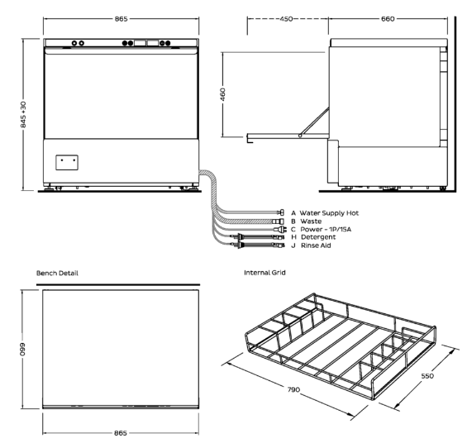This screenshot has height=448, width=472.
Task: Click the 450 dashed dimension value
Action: pyautogui.click(x=286, y=19)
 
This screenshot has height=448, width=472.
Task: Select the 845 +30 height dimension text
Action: pyautogui.click(x=23, y=115)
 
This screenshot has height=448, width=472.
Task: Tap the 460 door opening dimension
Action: pyautogui.click(x=222, y=94)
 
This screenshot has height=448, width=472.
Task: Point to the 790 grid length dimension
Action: pyautogui.click(x=293, y=389)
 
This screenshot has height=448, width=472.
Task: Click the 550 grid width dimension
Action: pyautogui.click(x=427, y=376)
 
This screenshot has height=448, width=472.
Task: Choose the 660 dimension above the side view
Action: pyautogui.click(x=388, y=19)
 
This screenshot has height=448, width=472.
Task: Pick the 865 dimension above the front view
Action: pyautogui.click(x=121, y=19)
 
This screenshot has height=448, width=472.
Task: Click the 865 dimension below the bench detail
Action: pyautogui.click(x=121, y=432)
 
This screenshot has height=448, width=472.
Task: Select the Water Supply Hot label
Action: pyautogui.click(x=329, y=213)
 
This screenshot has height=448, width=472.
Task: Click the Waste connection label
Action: pyautogui.click(x=311, y=222)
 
